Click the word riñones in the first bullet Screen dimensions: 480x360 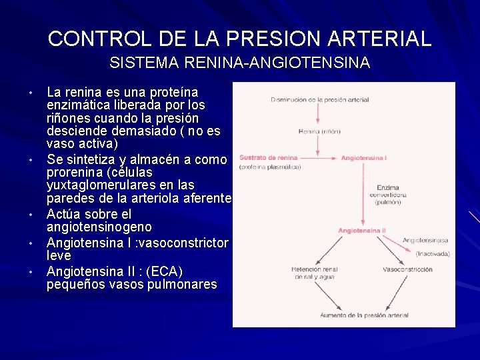[69, 118]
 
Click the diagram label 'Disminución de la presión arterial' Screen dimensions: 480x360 [319, 100]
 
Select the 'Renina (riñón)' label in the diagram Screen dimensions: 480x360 [319, 131]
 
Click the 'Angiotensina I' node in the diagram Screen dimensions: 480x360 [364, 158]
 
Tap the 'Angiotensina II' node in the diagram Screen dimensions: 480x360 [361, 230]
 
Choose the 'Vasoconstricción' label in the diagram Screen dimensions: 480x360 [407, 270]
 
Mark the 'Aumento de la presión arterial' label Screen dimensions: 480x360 [364, 315]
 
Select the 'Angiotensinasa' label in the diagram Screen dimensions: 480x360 [425, 239]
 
